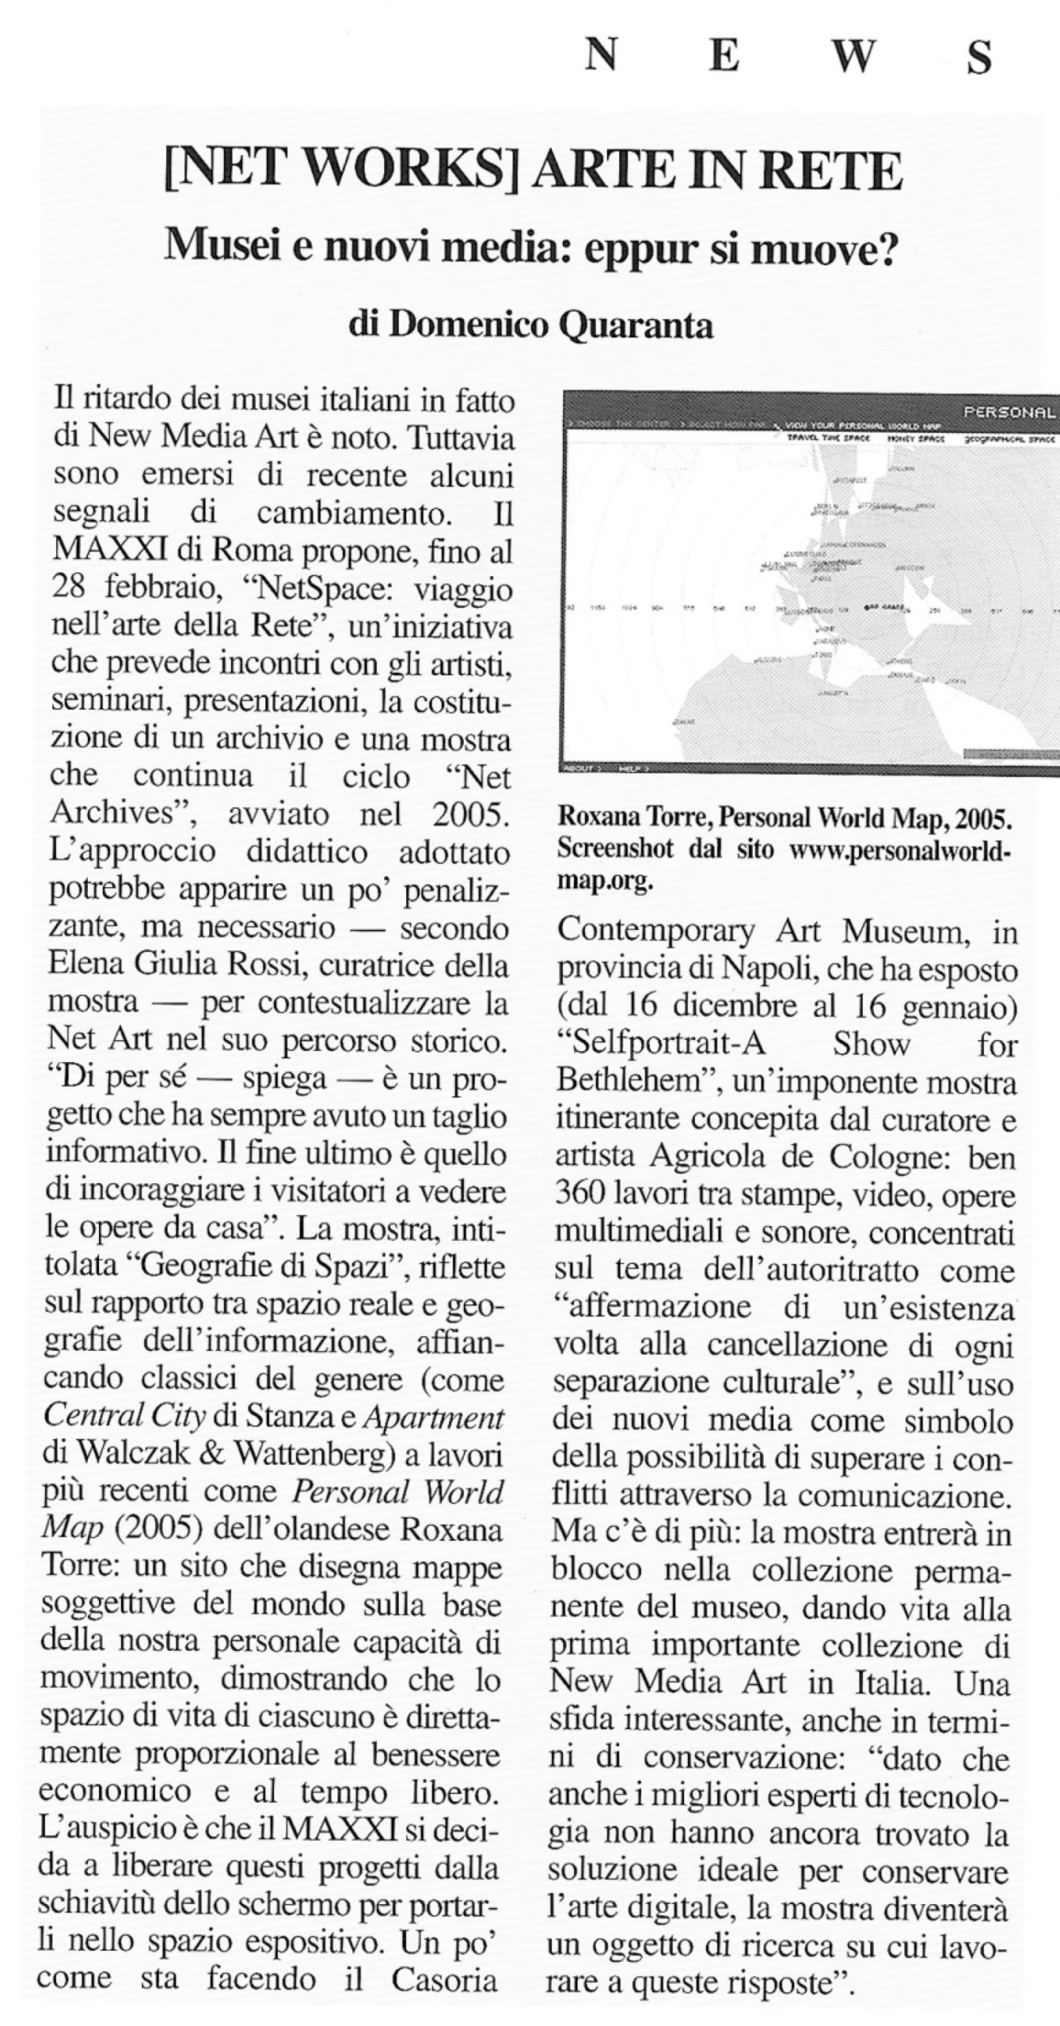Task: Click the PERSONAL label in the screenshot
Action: point(1009,412)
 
